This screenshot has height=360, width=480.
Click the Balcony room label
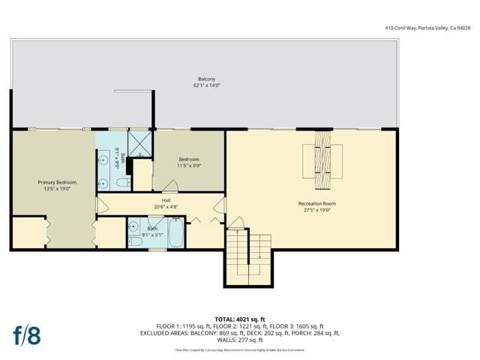pos(207,79)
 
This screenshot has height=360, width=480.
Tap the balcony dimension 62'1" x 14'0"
pos(207,85)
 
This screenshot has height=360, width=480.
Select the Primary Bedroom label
pos(57,182)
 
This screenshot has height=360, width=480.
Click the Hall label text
pos(165,200)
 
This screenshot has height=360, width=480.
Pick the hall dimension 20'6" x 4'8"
pos(165,207)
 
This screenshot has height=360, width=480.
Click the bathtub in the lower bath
pos(176,233)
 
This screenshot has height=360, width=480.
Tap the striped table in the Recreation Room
pos(322,160)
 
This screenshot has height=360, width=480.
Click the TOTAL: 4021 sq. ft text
pos(240,319)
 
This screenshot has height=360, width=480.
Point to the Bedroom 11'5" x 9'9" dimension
pos(188,166)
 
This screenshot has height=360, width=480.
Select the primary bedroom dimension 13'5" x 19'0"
pos(57,189)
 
